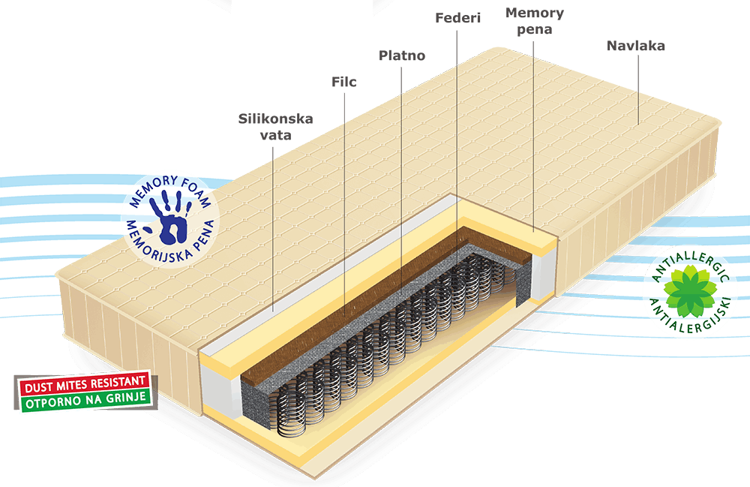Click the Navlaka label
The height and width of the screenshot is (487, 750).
tap(636, 46)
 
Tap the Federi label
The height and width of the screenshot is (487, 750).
tap(457, 18)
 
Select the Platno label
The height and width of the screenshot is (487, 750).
tap(402, 56)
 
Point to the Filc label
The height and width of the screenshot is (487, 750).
tap(344, 82)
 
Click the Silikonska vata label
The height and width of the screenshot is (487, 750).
tap(275, 127)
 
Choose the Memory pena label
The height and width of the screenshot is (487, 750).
tap(535, 21)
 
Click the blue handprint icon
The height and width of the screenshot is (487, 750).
tap(169, 217)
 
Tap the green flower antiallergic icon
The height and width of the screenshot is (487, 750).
tap(688, 290)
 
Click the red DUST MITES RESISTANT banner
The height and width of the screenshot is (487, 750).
tap(85, 383)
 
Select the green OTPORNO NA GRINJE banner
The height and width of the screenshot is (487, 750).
tap(85, 400)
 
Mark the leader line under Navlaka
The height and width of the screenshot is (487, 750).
tap(638, 89)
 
